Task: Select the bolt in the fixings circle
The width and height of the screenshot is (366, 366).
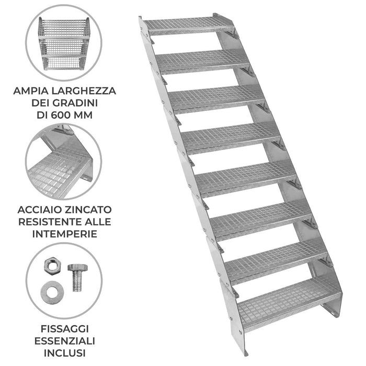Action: click(76, 278)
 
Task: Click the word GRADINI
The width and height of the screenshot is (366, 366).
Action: click(81, 102)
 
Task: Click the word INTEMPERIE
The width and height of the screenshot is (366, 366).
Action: click(65, 233)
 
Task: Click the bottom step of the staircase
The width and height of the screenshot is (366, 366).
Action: click(288, 298)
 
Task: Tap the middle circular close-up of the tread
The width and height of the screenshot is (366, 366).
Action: click(64, 162)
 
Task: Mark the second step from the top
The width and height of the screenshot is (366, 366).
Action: click(201, 62)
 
